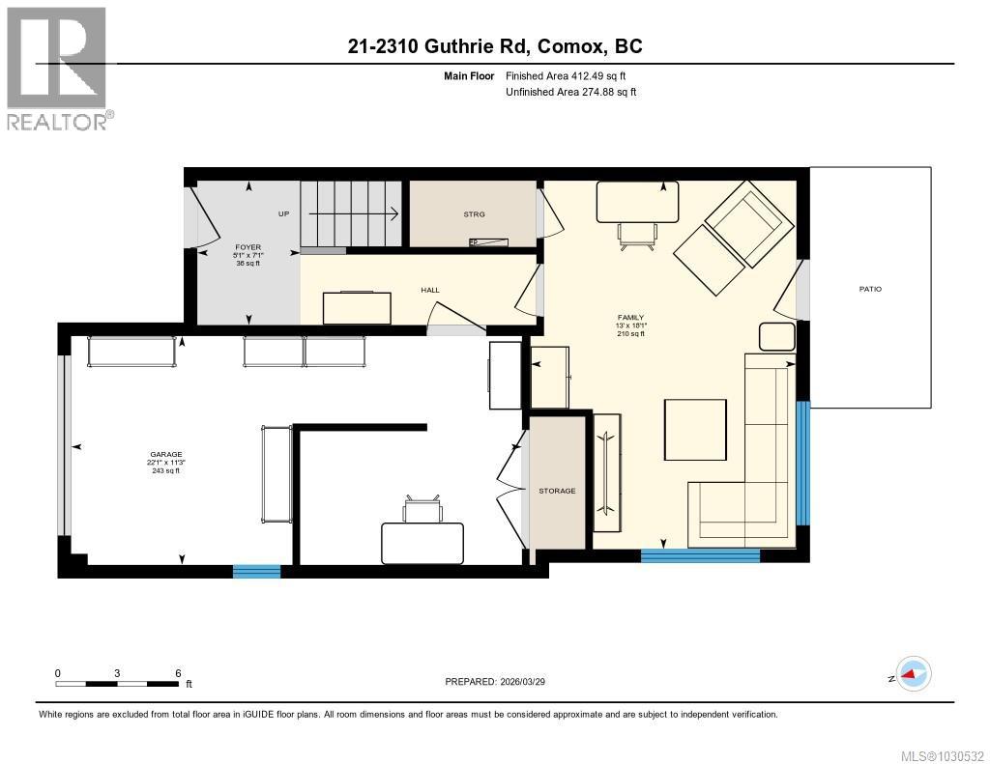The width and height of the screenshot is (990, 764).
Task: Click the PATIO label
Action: pyautogui.click(x=870, y=289)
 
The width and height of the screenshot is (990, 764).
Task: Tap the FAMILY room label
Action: pyautogui.click(x=630, y=318)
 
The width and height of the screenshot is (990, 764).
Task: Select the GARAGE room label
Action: pyautogui.click(x=165, y=455)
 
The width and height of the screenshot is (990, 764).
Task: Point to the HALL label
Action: pyautogui.click(x=430, y=289)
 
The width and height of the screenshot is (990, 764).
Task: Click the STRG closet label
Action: pyautogui.click(x=474, y=214)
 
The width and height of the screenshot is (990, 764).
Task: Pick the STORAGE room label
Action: pyautogui.click(x=557, y=491)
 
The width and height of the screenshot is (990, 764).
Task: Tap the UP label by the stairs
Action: pyautogui.click(x=283, y=213)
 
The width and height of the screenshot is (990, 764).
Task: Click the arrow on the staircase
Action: pyautogui.click(x=354, y=213)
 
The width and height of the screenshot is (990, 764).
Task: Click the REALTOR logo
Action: pyautogui.click(x=58, y=68)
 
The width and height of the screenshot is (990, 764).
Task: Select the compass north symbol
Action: pyautogui.click(x=913, y=673)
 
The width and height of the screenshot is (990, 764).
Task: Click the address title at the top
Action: pyautogui.click(x=495, y=46)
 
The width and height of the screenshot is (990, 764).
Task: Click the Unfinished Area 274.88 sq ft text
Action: pyautogui.click(x=571, y=92)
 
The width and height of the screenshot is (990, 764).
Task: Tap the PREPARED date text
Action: pyautogui.click(x=501, y=682)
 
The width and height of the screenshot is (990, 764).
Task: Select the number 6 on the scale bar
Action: pyautogui.click(x=178, y=673)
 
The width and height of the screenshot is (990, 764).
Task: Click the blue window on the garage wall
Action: pyautogui.click(x=256, y=571)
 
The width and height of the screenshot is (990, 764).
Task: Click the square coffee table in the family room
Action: pyautogui.click(x=695, y=431)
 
